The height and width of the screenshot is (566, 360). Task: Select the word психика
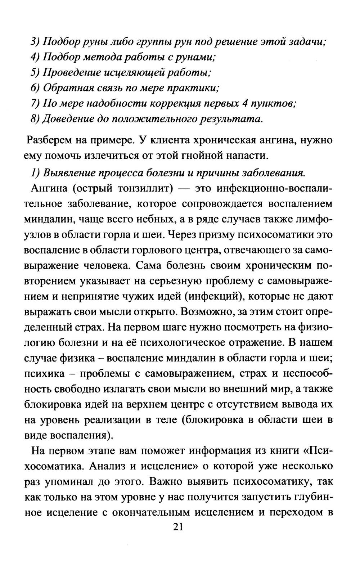(x=44, y=374)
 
